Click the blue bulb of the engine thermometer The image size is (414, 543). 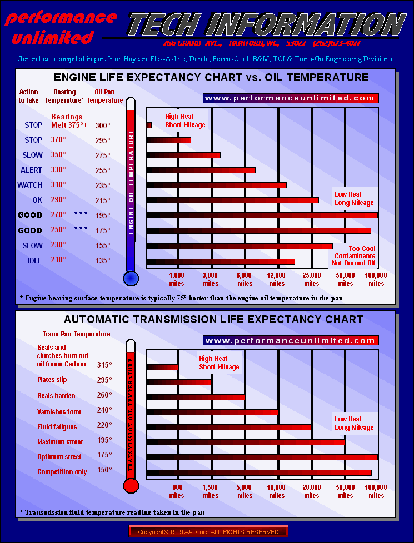(131, 278)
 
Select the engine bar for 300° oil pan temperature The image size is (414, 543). (149, 125)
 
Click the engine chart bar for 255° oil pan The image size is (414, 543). (201, 170)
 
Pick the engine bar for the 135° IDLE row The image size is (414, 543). (221, 261)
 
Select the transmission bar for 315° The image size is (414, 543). (162, 366)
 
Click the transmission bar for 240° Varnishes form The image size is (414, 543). (212, 412)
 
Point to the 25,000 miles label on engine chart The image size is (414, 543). (312, 279)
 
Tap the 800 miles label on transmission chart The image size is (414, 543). (177, 491)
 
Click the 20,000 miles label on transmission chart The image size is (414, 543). (312, 491)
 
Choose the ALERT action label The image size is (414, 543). (32, 170)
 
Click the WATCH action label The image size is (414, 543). (30, 185)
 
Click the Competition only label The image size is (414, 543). (62, 472)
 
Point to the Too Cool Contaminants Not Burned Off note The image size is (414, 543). (353, 256)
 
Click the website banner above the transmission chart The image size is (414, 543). (291, 340)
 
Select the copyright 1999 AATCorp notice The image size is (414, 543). (208, 532)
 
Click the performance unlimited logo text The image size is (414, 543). (60, 28)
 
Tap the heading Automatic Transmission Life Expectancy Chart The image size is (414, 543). (213, 320)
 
